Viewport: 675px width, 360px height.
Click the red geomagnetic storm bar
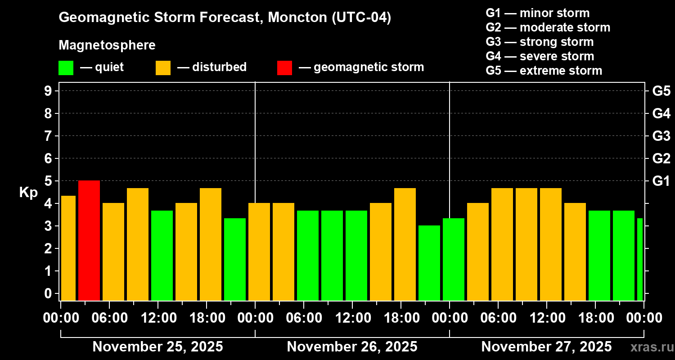pyautogui.click(x=89, y=240)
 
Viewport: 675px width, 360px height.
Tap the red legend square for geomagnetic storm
pyautogui.click(x=284, y=67)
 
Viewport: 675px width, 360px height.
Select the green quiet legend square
pyautogui.click(x=66, y=67)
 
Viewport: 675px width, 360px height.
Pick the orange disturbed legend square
pyautogui.click(x=163, y=67)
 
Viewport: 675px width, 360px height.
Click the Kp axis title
pyautogui.click(x=28, y=192)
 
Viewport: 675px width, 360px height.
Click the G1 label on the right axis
pyautogui.click(x=661, y=181)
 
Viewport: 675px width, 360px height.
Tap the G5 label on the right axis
pyautogui.click(x=661, y=91)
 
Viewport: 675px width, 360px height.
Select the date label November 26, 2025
pyautogui.click(x=352, y=346)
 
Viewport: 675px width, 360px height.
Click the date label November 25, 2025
pyautogui.click(x=157, y=346)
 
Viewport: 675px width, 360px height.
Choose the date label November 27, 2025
pyautogui.click(x=546, y=346)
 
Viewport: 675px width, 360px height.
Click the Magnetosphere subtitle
pyautogui.click(x=107, y=45)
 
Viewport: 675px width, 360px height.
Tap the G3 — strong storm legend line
pyautogui.click(x=540, y=42)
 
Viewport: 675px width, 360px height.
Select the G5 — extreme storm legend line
pyautogui.click(x=544, y=71)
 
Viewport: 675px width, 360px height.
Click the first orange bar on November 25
pyautogui.click(x=68, y=248)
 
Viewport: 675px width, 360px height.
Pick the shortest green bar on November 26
pyautogui.click(x=429, y=263)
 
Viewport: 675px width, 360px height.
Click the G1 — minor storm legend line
pyautogui.click(x=537, y=13)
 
